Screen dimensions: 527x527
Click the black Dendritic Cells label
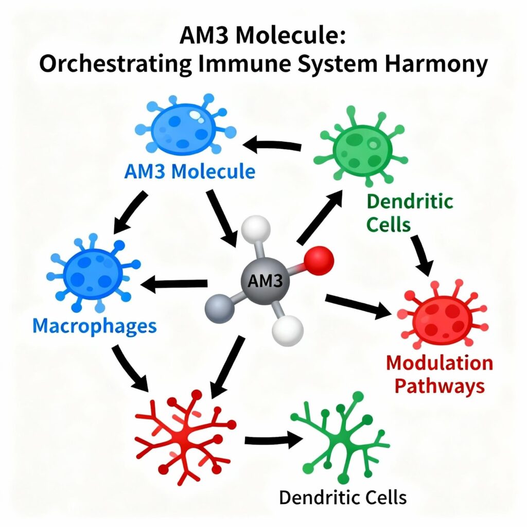point(343,497)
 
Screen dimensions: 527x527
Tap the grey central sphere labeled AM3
point(265,281)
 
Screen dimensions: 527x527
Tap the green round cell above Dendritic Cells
point(360,145)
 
